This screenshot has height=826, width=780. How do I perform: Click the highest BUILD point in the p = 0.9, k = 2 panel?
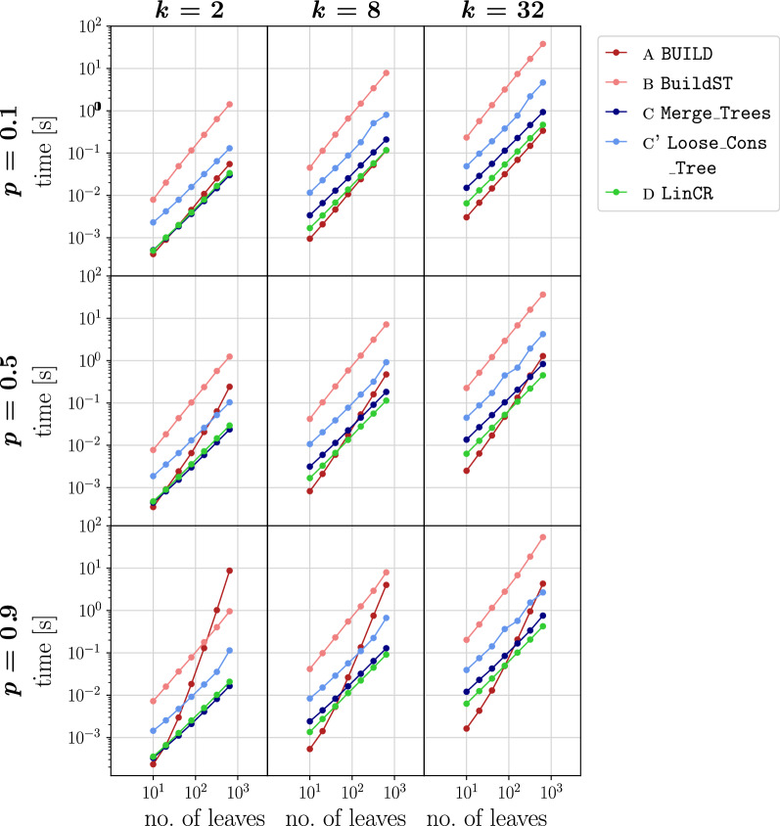coord(229,571)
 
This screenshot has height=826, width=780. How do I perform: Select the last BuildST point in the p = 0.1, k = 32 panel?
coord(542,44)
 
